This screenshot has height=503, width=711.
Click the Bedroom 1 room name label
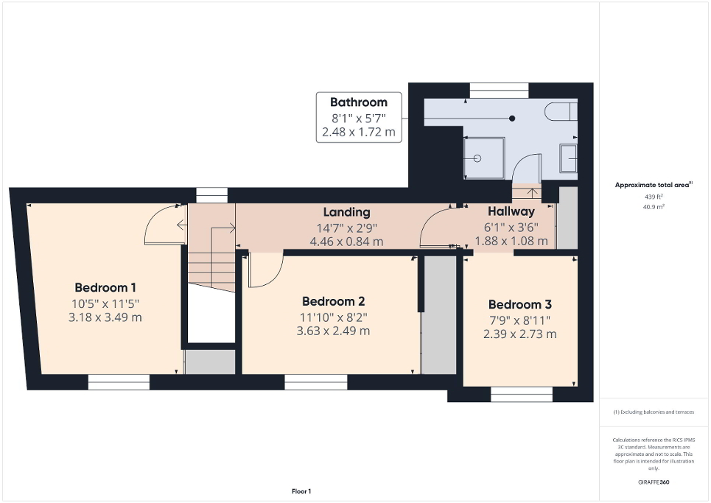(x=105, y=287)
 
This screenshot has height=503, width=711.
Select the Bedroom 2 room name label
(x=333, y=301)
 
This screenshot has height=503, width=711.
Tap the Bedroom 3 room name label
(x=519, y=304)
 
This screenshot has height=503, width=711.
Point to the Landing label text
(x=346, y=212)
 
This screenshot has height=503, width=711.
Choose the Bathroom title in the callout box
(x=358, y=102)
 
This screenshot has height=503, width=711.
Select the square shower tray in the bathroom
(x=483, y=157)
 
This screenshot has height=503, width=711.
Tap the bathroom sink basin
(x=568, y=158)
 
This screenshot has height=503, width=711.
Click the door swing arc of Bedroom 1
(x=161, y=225)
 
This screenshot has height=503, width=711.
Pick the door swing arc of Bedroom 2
(x=265, y=270)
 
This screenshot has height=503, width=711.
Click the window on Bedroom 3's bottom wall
(x=521, y=395)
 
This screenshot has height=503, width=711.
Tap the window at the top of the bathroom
(x=499, y=90)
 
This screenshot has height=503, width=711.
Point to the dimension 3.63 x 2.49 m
(x=333, y=331)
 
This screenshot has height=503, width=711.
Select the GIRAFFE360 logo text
(x=654, y=483)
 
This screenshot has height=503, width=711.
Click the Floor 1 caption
(x=301, y=491)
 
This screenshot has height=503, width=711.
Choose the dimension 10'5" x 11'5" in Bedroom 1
(x=105, y=303)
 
